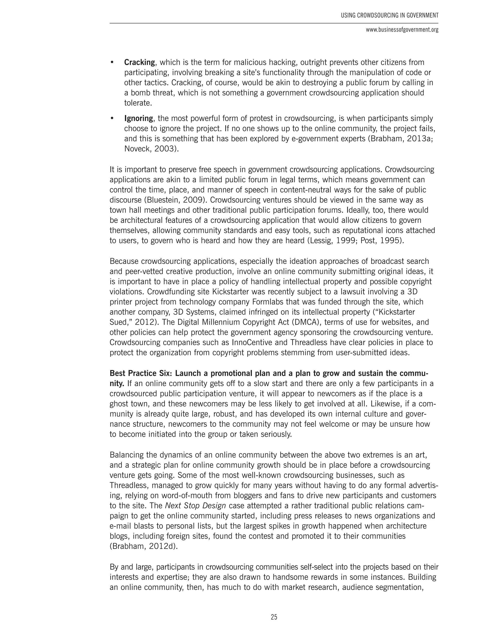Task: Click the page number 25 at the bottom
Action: click(x=274, y=617)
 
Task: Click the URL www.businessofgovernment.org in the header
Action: click(x=402, y=30)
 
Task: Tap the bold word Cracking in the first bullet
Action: click(x=139, y=62)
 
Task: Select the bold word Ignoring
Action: click(x=138, y=118)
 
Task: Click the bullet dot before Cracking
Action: click(x=112, y=62)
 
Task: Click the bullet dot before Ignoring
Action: click(x=112, y=118)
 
